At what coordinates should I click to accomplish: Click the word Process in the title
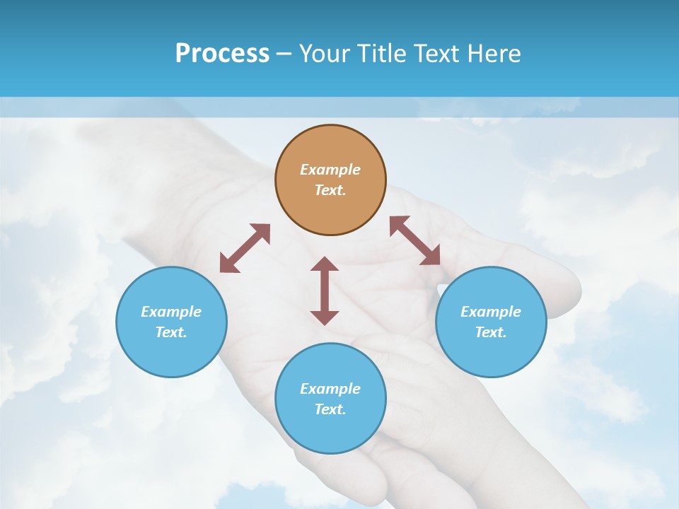[x=222, y=54]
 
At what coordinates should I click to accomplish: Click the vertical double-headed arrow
[x=325, y=291]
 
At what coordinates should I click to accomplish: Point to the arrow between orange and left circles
[x=245, y=248]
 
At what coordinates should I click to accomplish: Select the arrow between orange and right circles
[x=415, y=240]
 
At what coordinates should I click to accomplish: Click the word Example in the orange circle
[x=330, y=170]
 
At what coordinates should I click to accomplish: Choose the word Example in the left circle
[x=171, y=312]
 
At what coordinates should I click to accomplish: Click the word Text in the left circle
[x=171, y=332]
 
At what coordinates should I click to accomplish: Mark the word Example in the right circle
[x=491, y=312]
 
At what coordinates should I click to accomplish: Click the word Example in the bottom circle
[x=330, y=389]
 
